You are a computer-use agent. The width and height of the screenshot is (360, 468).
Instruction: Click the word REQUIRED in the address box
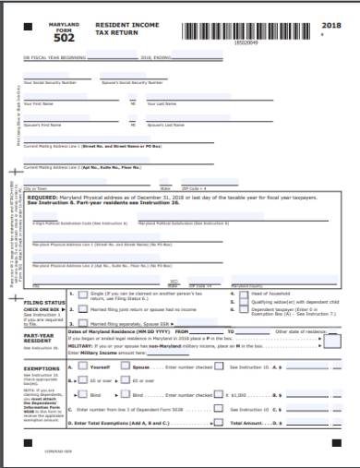click(49, 198)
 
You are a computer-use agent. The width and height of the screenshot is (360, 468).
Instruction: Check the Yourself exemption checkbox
click(83, 366)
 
